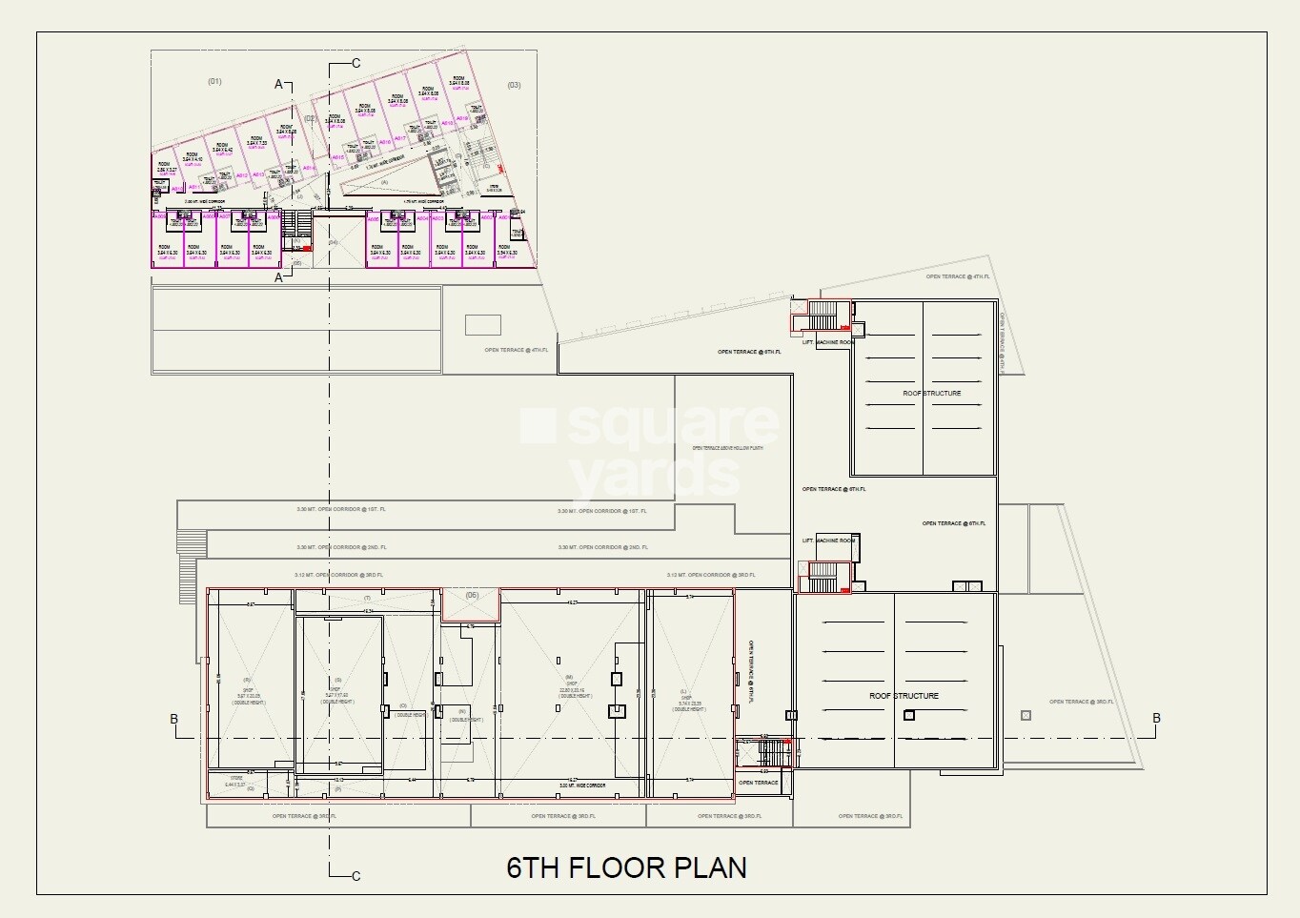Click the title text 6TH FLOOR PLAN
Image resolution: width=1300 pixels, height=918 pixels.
pyautogui.click(x=626, y=867)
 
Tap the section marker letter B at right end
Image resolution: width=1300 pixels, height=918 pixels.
pyautogui.click(x=1156, y=719)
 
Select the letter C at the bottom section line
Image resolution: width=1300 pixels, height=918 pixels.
pyautogui.click(x=355, y=876)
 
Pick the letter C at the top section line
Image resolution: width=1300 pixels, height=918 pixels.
pyautogui.click(x=355, y=64)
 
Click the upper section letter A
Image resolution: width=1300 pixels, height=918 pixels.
pyautogui.click(x=279, y=85)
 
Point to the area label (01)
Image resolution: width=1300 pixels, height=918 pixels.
pyautogui.click(x=214, y=82)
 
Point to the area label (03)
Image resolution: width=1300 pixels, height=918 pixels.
pyautogui.click(x=514, y=86)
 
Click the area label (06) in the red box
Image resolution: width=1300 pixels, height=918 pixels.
pyautogui.click(x=472, y=596)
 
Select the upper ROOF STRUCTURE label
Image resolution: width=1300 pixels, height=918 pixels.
pyautogui.click(x=931, y=393)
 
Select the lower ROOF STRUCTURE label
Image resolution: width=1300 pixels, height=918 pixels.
pyautogui.click(x=904, y=696)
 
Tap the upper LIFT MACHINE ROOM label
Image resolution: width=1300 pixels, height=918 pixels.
pyautogui.click(x=827, y=342)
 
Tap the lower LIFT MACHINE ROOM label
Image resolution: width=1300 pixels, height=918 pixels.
pyautogui.click(x=827, y=541)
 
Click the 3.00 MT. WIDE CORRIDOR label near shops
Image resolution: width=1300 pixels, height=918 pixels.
pyautogui.click(x=581, y=785)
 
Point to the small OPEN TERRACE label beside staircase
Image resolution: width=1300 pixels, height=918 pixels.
pyautogui.click(x=758, y=783)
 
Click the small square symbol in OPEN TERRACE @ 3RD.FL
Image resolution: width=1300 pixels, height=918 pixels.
pyautogui.click(x=1026, y=715)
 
